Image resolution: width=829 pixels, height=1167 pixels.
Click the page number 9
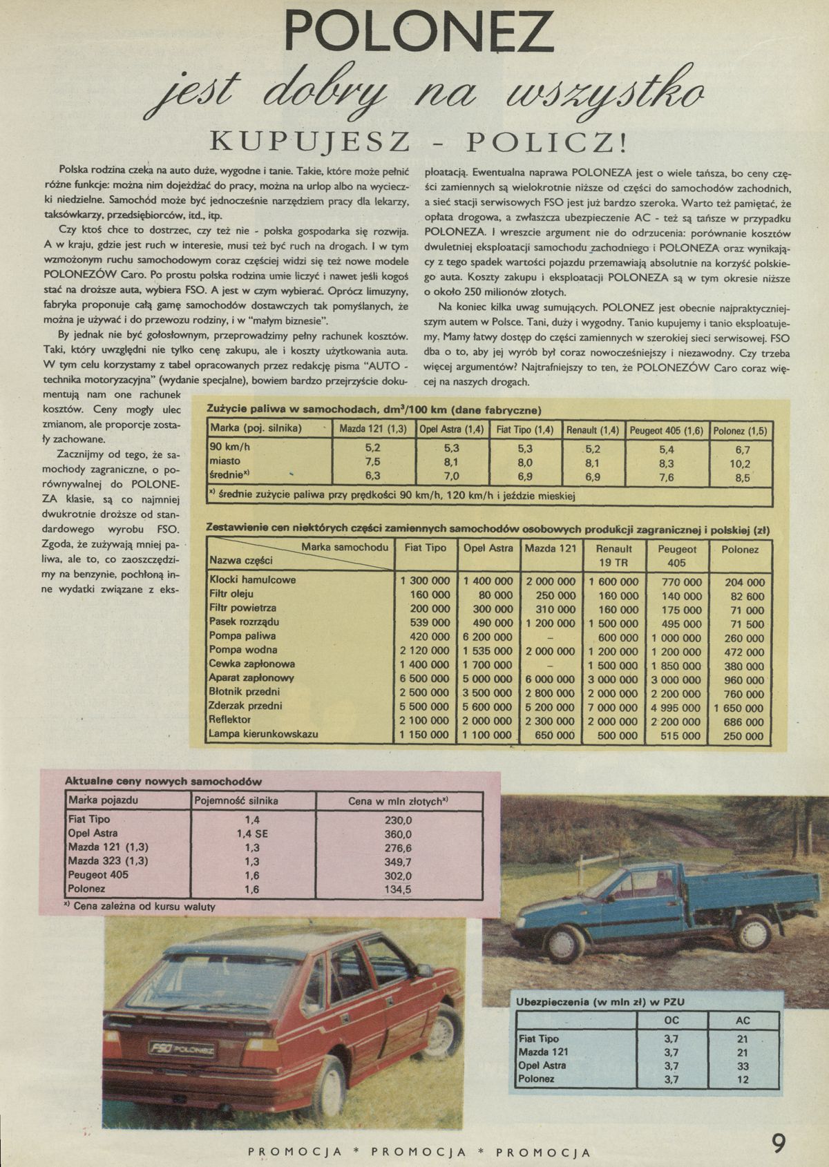pyautogui.click(x=779, y=1144)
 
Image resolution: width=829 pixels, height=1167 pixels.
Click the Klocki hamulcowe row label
pyautogui.click(x=252, y=580)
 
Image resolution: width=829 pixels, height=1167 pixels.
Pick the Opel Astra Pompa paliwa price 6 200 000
pyautogui.click(x=488, y=637)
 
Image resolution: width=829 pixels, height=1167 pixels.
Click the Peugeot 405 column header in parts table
pyautogui.click(x=677, y=557)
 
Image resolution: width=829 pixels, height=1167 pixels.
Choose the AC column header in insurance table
pyautogui.click(x=743, y=1020)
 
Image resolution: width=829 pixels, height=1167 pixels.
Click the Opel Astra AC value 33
pyautogui.click(x=743, y=1065)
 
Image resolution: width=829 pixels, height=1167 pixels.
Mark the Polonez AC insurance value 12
pyautogui.click(x=743, y=1079)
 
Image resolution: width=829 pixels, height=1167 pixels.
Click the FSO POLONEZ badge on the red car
pyautogui.click(x=182, y=1050)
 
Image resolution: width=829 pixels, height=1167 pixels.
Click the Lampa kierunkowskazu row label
pyautogui.click(x=263, y=734)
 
